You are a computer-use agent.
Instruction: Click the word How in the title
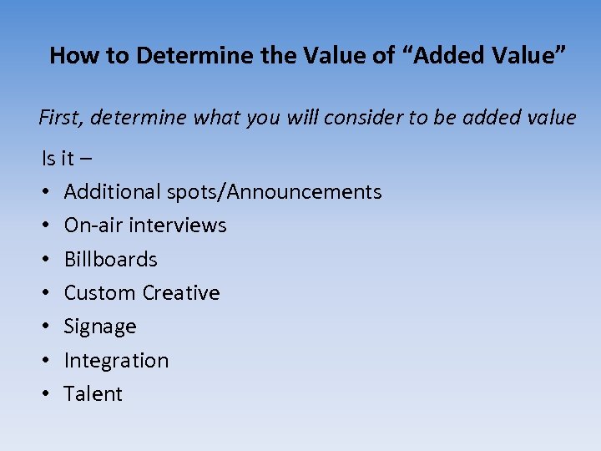[69, 56]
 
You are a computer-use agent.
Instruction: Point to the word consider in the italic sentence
[362, 118]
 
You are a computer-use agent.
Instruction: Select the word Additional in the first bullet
[112, 192]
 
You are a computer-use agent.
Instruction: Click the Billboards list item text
[110, 260]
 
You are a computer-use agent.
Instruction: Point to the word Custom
[99, 293]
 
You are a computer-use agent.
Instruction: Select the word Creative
[181, 293]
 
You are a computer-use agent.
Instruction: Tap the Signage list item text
[100, 327]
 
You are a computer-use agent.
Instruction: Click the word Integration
[116, 361]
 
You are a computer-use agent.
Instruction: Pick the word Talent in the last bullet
[93, 394]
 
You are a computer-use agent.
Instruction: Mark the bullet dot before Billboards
[46, 261]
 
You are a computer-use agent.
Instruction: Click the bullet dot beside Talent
[46, 395]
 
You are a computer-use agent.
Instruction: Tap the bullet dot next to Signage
[46, 327]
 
